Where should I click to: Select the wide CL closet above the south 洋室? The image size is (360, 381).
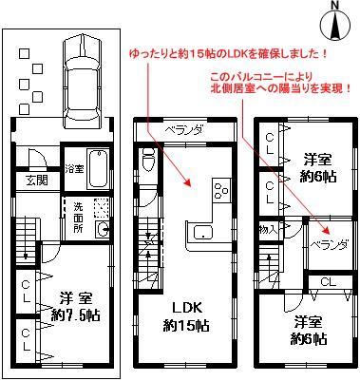326,281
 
